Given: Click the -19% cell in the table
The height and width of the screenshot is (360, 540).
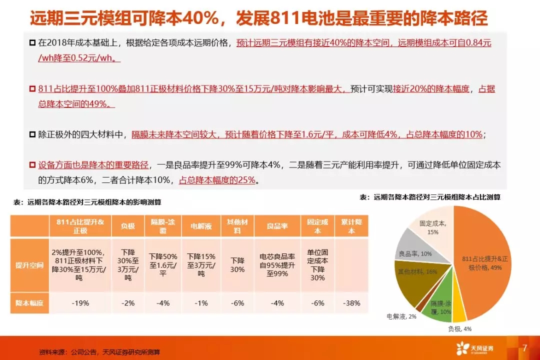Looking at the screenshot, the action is [x=80, y=303].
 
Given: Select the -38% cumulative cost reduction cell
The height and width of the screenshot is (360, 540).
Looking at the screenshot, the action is [x=351, y=303].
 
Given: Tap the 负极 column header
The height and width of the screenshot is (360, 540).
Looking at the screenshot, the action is [x=128, y=226].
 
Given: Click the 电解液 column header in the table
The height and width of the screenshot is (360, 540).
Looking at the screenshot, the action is [x=201, y=226].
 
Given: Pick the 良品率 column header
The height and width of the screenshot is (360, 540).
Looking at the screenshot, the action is [x=277, y=226].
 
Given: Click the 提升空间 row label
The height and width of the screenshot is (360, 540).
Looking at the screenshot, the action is [x=29, y=265].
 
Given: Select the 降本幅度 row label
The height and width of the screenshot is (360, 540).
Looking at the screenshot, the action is [x=29, y=303].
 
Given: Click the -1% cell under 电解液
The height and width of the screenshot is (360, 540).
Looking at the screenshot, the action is [x=201, y=303].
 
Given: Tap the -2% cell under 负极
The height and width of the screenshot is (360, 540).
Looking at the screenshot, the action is [x=128, y=303].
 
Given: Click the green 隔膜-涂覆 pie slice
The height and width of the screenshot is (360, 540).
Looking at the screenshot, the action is [x=439, y=299].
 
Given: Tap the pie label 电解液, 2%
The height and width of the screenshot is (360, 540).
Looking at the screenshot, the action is [x=401, y=316].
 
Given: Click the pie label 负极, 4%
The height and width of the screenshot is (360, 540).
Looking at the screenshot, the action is [x=460, y=329].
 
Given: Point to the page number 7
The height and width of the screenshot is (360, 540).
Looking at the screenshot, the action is [x=524, y=348].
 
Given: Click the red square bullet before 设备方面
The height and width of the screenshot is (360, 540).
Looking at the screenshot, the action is [x=32, y=165].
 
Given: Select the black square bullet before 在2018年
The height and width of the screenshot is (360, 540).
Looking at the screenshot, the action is [x=32, y=43].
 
